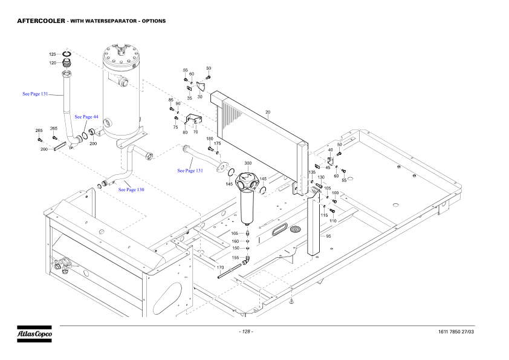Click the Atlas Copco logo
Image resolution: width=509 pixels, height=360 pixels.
[x=34, y=333]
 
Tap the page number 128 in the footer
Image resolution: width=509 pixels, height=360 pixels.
[x=245, y=332]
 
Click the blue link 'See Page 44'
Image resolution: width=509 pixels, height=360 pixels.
[x=86, y=116]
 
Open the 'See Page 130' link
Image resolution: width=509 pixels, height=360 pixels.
[x=131, y=189]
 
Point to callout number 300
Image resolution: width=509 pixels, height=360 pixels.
[x=248, y=163]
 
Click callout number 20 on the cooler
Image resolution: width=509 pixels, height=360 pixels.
[x=268, y=112]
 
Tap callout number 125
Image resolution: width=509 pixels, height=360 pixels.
[x=53, y=54]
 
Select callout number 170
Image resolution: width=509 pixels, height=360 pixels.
[x=220, y=267]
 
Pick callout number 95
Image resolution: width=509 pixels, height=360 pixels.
[x=328, y=237]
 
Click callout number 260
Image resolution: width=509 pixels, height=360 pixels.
[x=44, y=149]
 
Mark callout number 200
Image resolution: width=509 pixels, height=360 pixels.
[x=93, y=143]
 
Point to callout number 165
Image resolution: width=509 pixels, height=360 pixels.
[x=234, y=233]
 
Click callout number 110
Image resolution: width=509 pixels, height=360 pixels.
[x=332, y=221]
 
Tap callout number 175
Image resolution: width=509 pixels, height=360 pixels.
[x=218, y=143]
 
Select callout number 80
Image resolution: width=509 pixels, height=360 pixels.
[x=185, y=132]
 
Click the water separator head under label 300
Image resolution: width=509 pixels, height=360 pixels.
[x=248, y=181]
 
